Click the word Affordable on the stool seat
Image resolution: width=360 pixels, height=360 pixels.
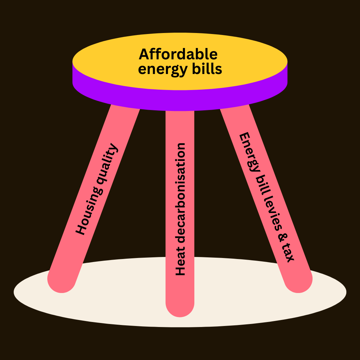tap(178, 54)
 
